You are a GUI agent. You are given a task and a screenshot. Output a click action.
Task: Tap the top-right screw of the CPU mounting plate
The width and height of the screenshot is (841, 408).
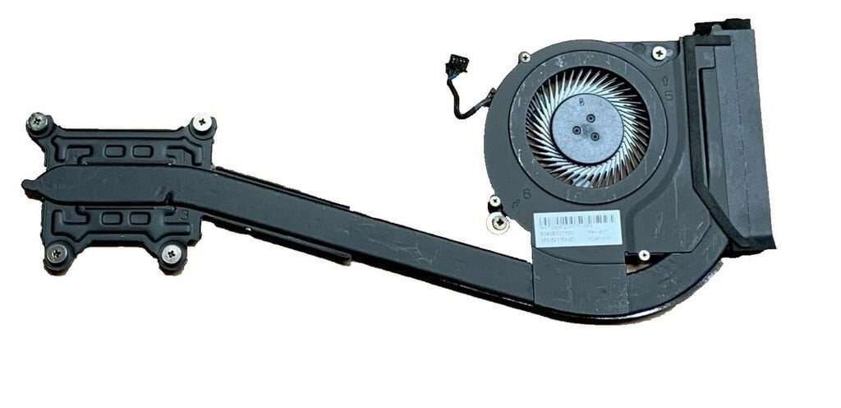201,123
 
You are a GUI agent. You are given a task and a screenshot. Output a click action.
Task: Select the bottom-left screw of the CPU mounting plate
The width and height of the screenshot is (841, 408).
56,254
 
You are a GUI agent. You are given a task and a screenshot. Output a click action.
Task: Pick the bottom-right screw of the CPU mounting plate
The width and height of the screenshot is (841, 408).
172,254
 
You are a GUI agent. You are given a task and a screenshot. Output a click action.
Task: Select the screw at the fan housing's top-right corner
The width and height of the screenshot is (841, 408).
659,53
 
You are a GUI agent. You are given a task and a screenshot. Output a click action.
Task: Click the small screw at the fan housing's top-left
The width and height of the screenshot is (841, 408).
525,58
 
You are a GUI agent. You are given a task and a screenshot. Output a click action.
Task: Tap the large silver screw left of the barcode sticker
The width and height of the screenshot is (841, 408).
497,222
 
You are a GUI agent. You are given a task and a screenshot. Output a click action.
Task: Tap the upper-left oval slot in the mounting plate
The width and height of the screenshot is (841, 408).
115,151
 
